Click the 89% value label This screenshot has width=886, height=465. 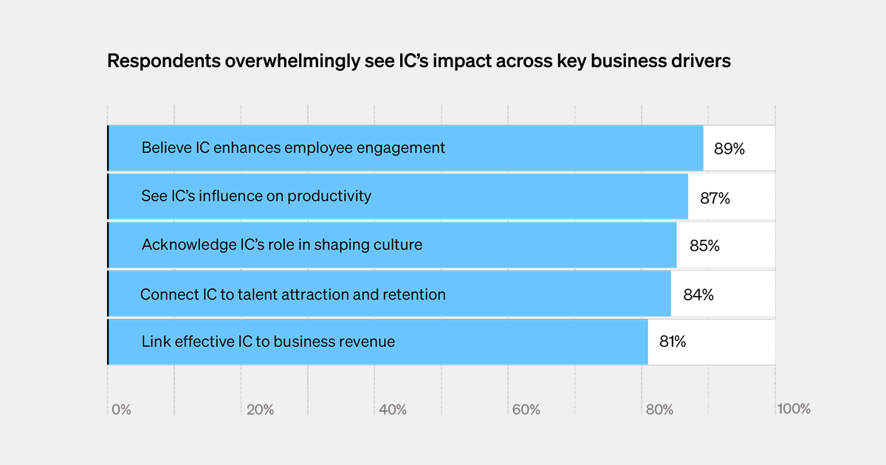pyautogui.click(x=729, y=148)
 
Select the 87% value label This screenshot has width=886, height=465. pyautogui.click(x=714, y=198)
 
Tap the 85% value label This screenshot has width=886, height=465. pyautogui.click(x=704, y=246)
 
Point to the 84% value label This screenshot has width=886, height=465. pyautogui.click(x=698, y=294)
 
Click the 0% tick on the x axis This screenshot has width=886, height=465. pyautogui.click(x=121, y=410)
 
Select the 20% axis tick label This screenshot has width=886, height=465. pyautogui.click(x=260, y=410)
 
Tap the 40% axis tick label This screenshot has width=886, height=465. pyautogui.click(x=392, y=410)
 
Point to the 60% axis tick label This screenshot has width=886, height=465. pyautogui.click(x=526, y=410)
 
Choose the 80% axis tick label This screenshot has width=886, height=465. pyautogui.click(x=659, y=410)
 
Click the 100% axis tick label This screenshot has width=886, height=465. pyautogui.click(x=793, y=409)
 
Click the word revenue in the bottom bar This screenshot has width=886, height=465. pyautogui.click(x=367, y=342)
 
